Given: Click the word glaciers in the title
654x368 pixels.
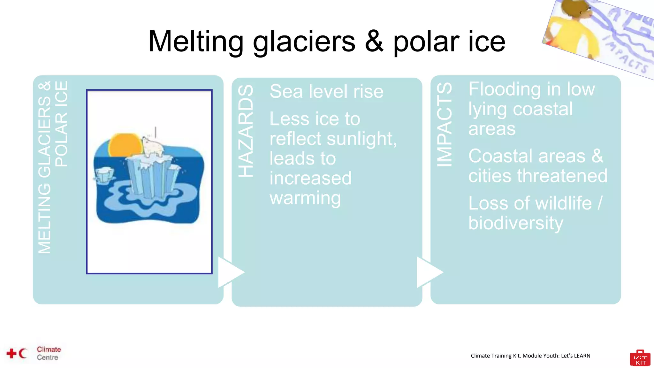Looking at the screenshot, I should click(304, 42).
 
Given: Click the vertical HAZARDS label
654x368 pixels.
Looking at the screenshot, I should click(246, 131).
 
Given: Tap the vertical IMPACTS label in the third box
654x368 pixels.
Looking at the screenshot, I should click(445, 125).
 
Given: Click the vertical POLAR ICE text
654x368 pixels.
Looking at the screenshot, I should click(61, 124).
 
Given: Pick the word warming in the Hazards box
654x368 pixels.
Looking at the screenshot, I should click(305, 198).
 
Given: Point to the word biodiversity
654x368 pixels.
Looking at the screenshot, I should click(515, 223).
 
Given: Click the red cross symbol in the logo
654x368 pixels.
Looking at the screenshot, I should click(11, 353).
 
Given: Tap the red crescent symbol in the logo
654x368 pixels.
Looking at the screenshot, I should click(22, 353).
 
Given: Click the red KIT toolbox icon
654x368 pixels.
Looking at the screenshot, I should click(640, 358).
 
